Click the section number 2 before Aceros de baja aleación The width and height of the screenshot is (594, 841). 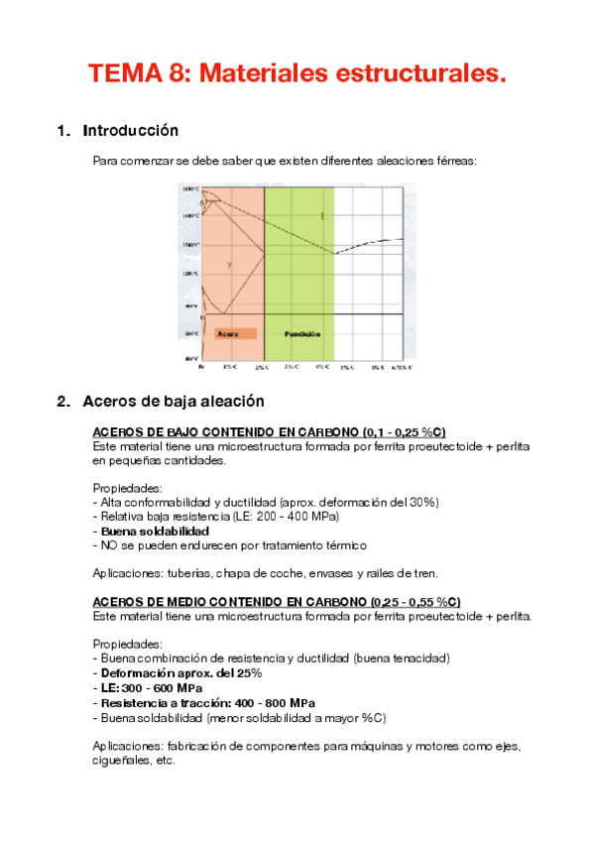(61, 402)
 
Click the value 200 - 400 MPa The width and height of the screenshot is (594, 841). (298, 516)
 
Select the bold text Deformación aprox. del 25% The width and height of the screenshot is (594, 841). (179, 672)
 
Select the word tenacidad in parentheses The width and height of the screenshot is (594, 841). (416, 659)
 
